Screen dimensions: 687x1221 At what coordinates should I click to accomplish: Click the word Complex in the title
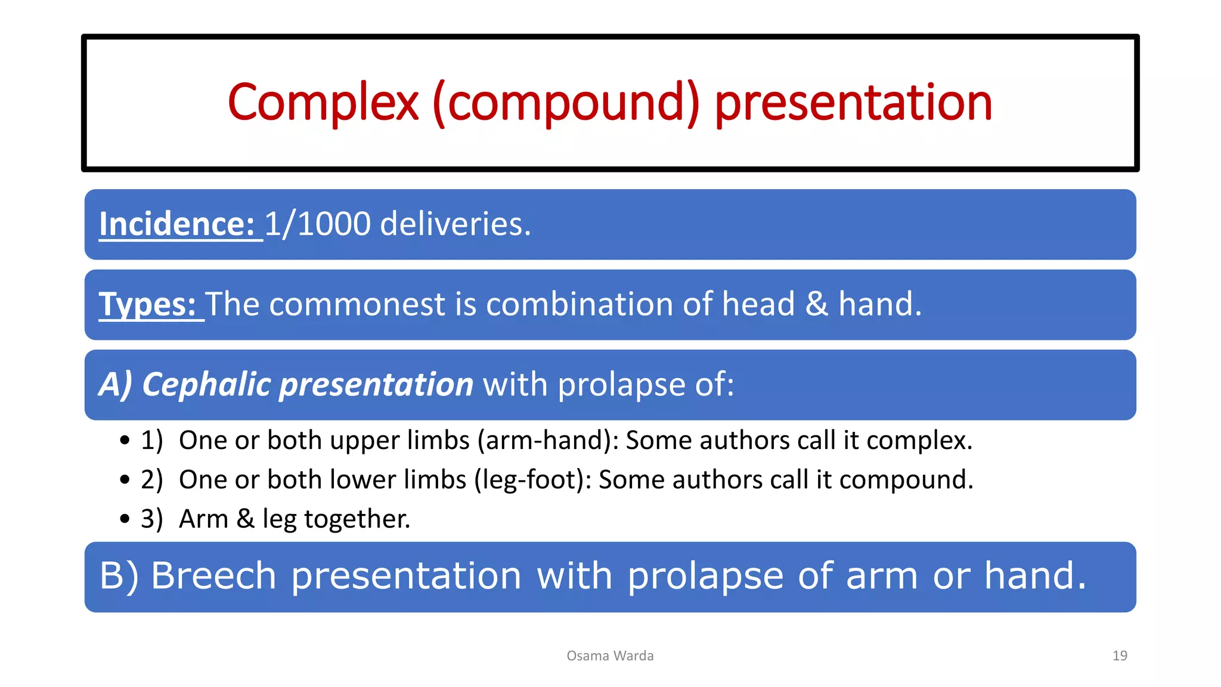pos(323,103)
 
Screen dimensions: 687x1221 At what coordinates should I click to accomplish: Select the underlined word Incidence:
pos(177,224)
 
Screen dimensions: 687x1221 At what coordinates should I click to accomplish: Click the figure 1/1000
pos(318,224)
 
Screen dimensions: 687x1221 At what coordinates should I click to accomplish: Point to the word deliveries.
pos(455,224)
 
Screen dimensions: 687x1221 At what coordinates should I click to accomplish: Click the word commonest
pos(357,305)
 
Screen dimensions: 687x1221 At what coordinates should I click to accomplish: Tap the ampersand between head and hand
pos(816,305)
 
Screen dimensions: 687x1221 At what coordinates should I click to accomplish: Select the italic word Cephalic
pos(206,385)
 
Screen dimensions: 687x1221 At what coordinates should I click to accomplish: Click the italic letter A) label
pos(115,385)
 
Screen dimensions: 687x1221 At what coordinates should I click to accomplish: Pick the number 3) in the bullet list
pos(151,519)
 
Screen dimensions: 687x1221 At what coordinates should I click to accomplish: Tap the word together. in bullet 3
pos(357,519)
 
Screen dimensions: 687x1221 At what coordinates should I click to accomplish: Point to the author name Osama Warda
pos(610,656)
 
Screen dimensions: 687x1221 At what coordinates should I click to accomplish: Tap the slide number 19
pos(1120,656)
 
